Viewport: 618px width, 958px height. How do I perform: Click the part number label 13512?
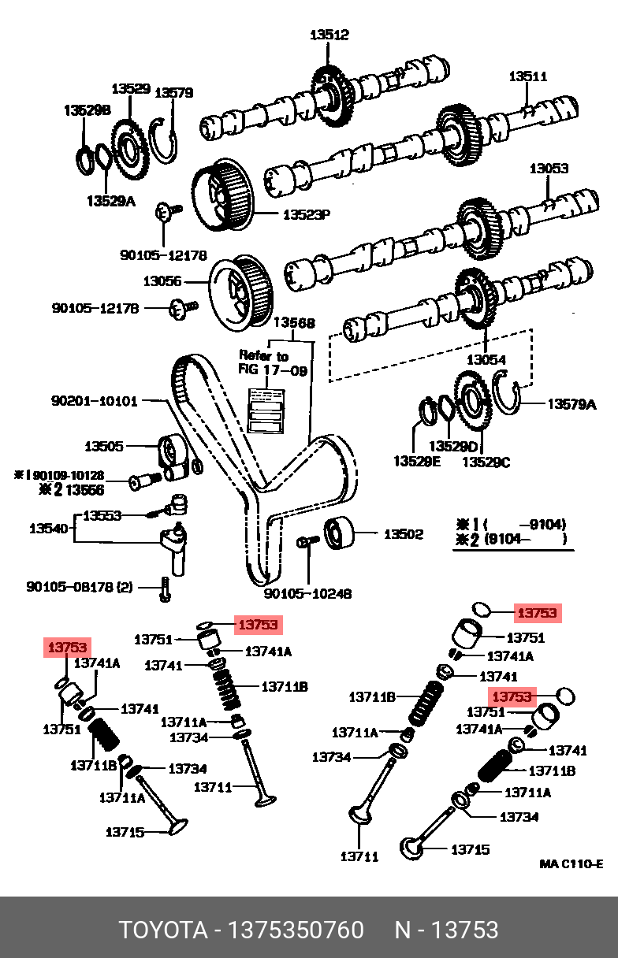[x=329, y=35]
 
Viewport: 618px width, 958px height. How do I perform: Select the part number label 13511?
[x=527, y=76]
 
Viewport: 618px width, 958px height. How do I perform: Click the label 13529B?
[x=87, y=110]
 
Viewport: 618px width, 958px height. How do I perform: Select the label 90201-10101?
[x=94, y=401]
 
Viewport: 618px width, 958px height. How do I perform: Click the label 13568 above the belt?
[x=294, y=323]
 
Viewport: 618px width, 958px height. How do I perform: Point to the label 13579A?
[x=571, y=404]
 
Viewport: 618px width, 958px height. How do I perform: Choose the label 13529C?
[x=486, y=462]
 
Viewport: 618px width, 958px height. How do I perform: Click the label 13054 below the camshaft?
[x=486, y=360]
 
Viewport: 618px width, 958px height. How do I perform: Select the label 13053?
[x=549, y=169]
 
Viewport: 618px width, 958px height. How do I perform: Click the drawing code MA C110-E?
[x=571, y=864]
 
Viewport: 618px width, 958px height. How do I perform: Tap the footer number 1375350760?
[x=296, y=930]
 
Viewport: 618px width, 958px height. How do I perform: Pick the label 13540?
[x=47, y=529]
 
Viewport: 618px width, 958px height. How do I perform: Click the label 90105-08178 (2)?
[x=80, y=587]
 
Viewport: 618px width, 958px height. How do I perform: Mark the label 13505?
[x=104, y=447]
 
